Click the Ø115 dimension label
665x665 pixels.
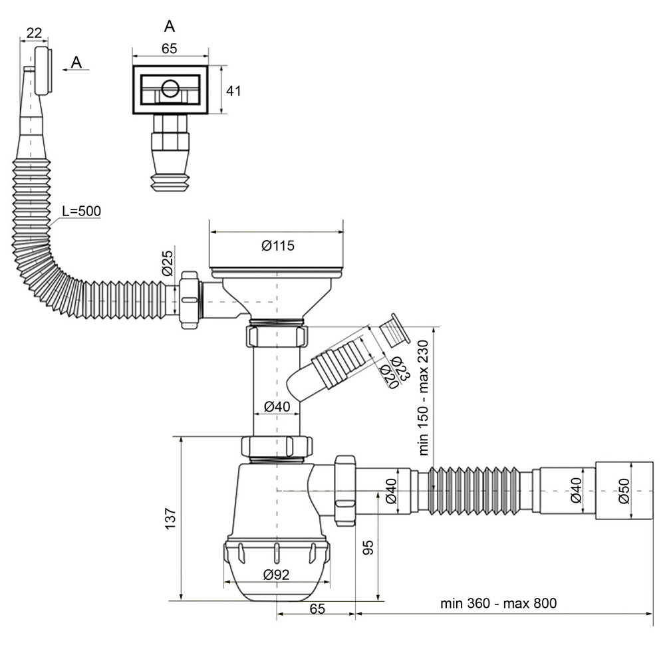point(277,246)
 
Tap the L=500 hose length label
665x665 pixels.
point(81,211)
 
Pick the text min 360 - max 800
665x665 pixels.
point(498,604)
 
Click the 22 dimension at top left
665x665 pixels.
point(35,33)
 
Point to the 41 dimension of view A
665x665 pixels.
point(233,90)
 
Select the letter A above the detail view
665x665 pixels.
point(170,27)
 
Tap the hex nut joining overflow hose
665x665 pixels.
point(190,299)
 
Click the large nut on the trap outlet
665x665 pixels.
point(345,490)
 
